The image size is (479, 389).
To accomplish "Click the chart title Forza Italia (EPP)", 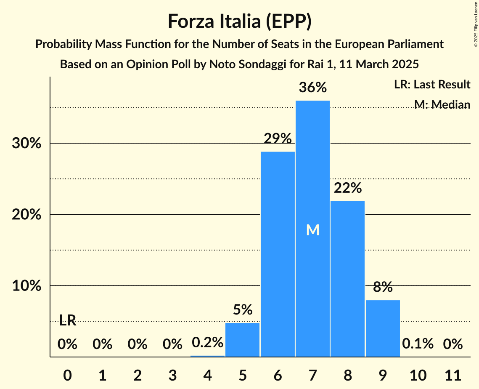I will pyautogui.click(x=239, y=21).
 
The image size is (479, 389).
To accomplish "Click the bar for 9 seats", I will pyautogui.click(x=383, y=328).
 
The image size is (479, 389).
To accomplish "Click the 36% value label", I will pyautogui.click(x=312, y=88).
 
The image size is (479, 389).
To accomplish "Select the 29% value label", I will pyautogui.click(x=278, y=138).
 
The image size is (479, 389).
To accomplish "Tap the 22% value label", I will pyautogui.click(x=347, y=188).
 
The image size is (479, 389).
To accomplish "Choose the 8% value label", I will pyautogui.click(x=383, y=287).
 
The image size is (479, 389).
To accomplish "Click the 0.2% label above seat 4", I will pyautogui.click(x=207, y=343).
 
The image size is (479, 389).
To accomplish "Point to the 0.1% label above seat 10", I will pyautogui.click(x=418, y=344).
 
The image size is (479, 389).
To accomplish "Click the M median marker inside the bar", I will pyautogui.click(x=312, y=230).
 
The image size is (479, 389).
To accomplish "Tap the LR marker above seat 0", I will pyautogui.click(x=67, y=321).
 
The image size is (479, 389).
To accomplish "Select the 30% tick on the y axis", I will pyautogui.click(x=26, y=144).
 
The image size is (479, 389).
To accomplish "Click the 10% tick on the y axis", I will pyautogui.click(x=26, y=286).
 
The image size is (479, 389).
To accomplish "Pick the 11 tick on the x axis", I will pyautogui.click(x=453, y=374).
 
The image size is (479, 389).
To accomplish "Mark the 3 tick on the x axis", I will pyautogui.click(x=172, y=374).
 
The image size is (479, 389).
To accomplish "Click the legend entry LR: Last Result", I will pyautogui.click(x=432, y=85).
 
